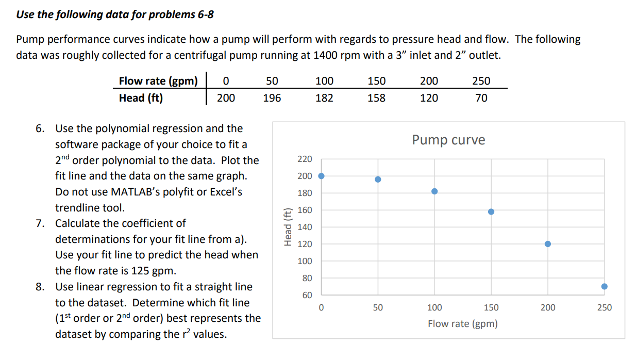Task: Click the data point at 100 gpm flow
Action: [x=434, y=191]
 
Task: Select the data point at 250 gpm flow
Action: [x=604, y=286]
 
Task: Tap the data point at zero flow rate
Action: [x=321, y=176]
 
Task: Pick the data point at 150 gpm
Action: [x=491, y=212]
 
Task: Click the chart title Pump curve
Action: [x=448, y=140]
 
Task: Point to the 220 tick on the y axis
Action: [x=304, y=159]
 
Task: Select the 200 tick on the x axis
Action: [x=547, y=308]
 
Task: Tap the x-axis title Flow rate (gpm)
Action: [x=462, y=324]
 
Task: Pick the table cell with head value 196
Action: [x=272, y=98]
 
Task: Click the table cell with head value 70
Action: [x=481, y=98]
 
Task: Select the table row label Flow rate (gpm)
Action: [x=158, y=81]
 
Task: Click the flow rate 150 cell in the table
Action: [x=376, y=81]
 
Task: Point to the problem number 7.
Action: [x=40, y=223]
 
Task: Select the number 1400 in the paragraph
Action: [x=326, y=56]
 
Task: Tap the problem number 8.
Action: [x=40, y=287]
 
